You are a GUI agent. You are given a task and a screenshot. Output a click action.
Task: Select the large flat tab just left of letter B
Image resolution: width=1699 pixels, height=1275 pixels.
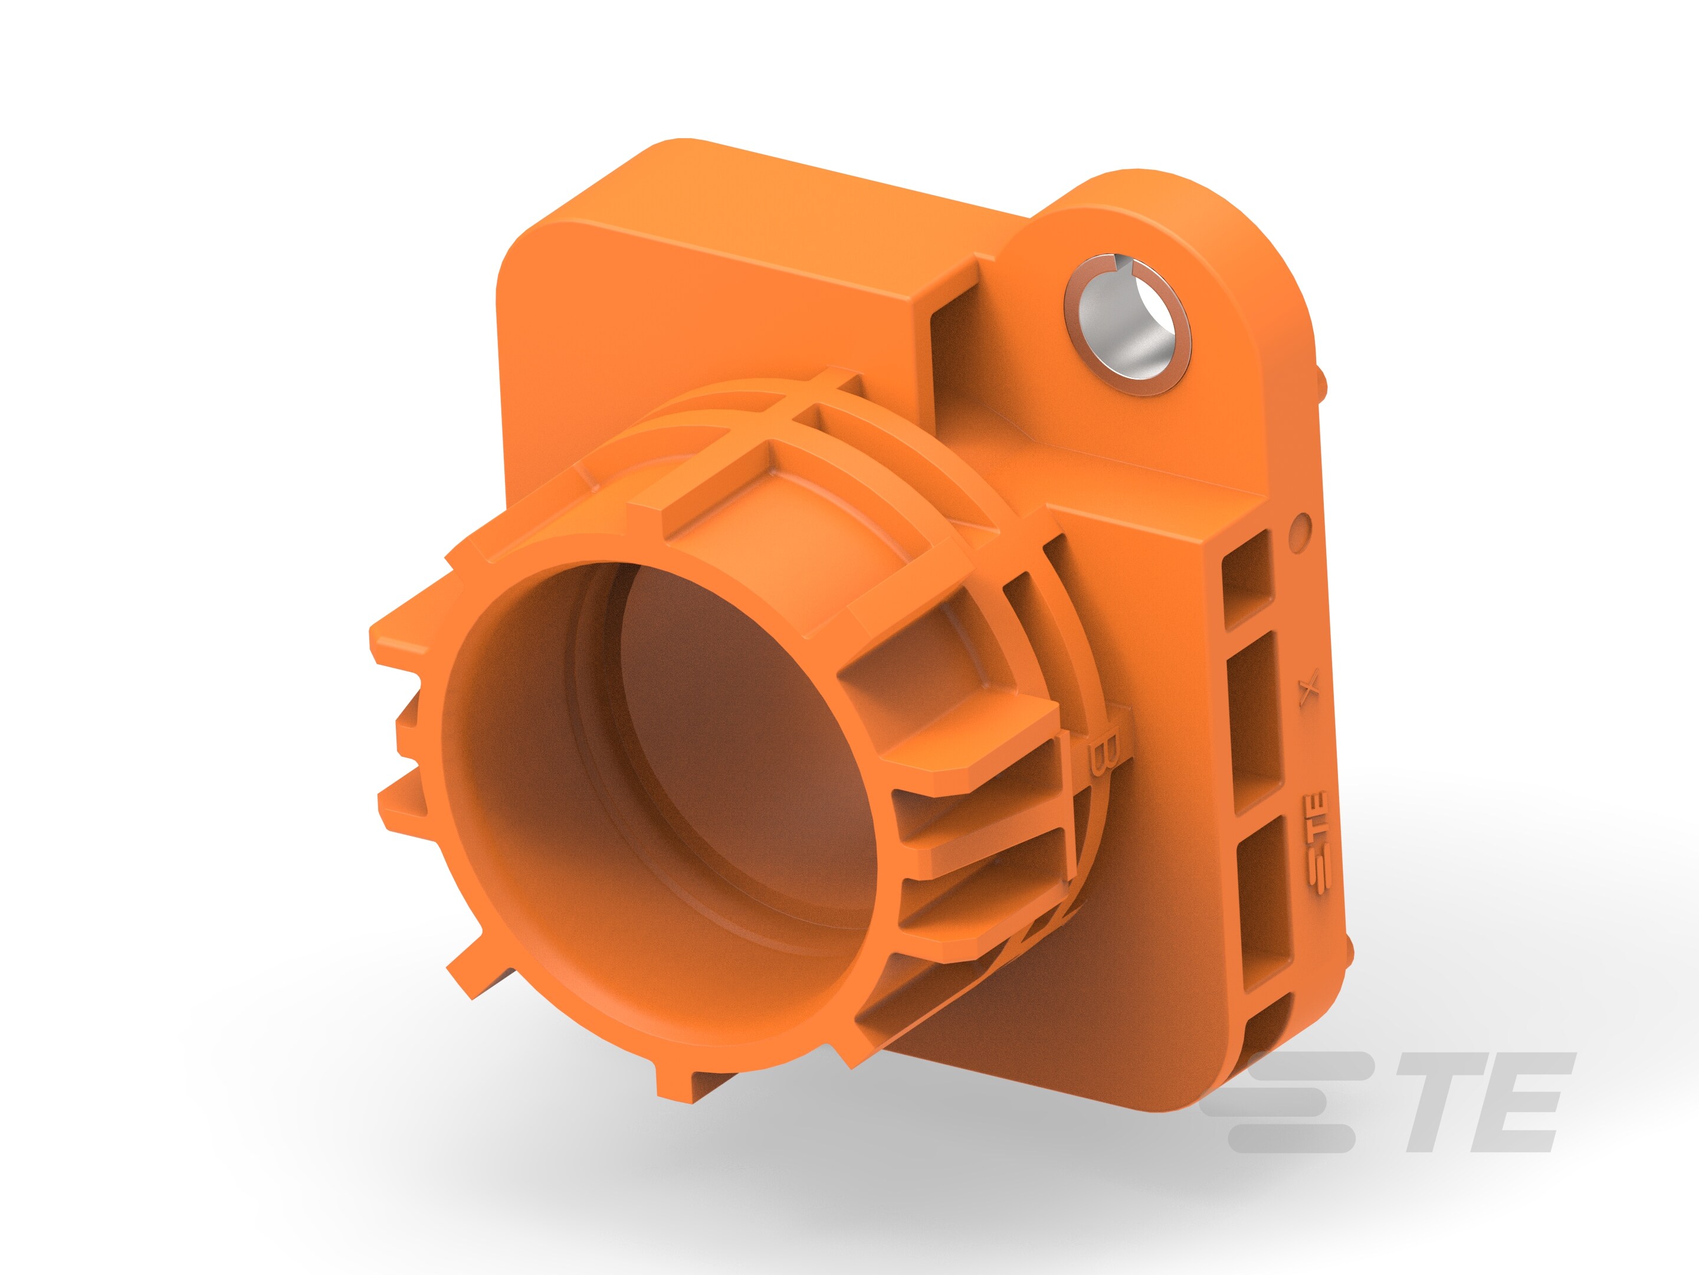[976, 738]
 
